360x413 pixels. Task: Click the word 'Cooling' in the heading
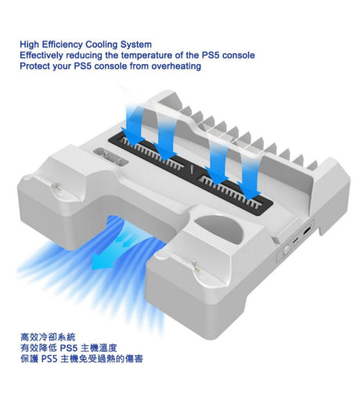[x=102, y=45]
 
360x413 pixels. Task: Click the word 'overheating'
[x=176, y=66]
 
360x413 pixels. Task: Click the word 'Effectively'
[x=41, y=56]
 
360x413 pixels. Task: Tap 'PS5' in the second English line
[x=211, y=56]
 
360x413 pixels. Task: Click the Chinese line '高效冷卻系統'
[x=48, y=337]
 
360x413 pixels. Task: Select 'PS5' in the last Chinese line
[x=49, y=359]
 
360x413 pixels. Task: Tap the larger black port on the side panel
[x=308, y=232]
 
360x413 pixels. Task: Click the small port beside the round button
[x=296, y=241]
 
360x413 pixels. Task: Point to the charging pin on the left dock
[x=56, y=188]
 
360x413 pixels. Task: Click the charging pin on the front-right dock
[x=194, y=265]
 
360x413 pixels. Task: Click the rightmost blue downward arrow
[x=248, y=181]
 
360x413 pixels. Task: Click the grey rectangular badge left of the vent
[x=110, y=156]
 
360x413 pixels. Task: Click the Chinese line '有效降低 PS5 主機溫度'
[x=69, y=348]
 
